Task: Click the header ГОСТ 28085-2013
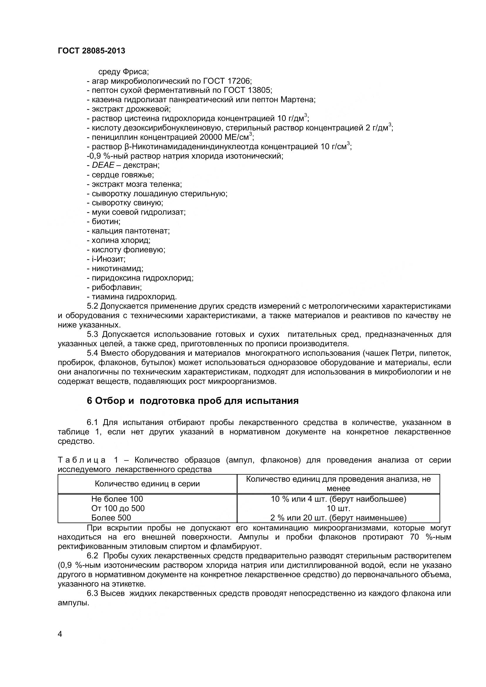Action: (91, 51)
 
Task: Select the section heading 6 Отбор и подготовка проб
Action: (193, 401)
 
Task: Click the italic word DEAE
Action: (103, 165)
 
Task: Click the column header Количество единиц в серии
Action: (147, 484)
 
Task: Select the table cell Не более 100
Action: (117, 499)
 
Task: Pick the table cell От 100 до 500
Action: (118, 508)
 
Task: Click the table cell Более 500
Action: (111, 518)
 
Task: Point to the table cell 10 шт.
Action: (338, 508)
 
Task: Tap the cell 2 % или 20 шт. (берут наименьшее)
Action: (338, 518)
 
